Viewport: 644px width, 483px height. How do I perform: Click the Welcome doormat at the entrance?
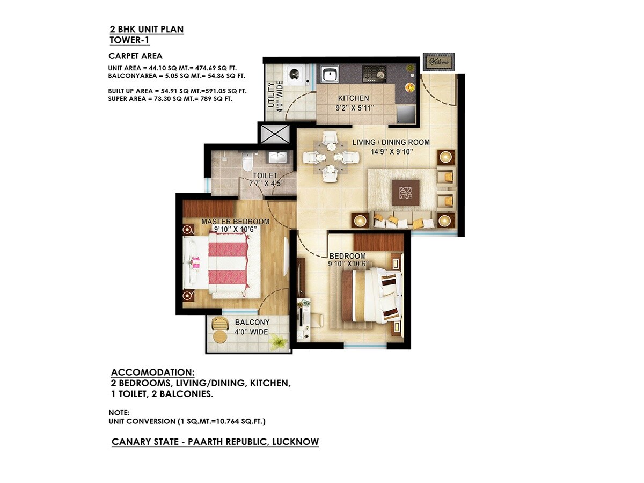pyautogui.click(x=438, y=62)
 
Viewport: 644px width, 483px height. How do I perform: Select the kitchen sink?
pyautogui.click(x=328, y=73)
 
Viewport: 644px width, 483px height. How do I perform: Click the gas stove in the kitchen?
pyautogui.click(x=374, y=71)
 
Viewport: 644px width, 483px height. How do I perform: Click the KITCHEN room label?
pyautogui.click(x=353, y=98)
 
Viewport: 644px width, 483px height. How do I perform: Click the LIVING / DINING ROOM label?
pyautogui.click(x=391, y=142)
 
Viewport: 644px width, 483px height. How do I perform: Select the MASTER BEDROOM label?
pyautogui.click(x=235, y=221)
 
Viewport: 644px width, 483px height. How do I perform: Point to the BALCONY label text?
pyautogui.click(x=252, y=322)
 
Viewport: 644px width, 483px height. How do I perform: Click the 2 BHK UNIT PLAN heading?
pyautogui.click(x=147, y=29)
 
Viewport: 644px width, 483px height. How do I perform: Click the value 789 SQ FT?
pyautogui.click(x=215, y=99)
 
